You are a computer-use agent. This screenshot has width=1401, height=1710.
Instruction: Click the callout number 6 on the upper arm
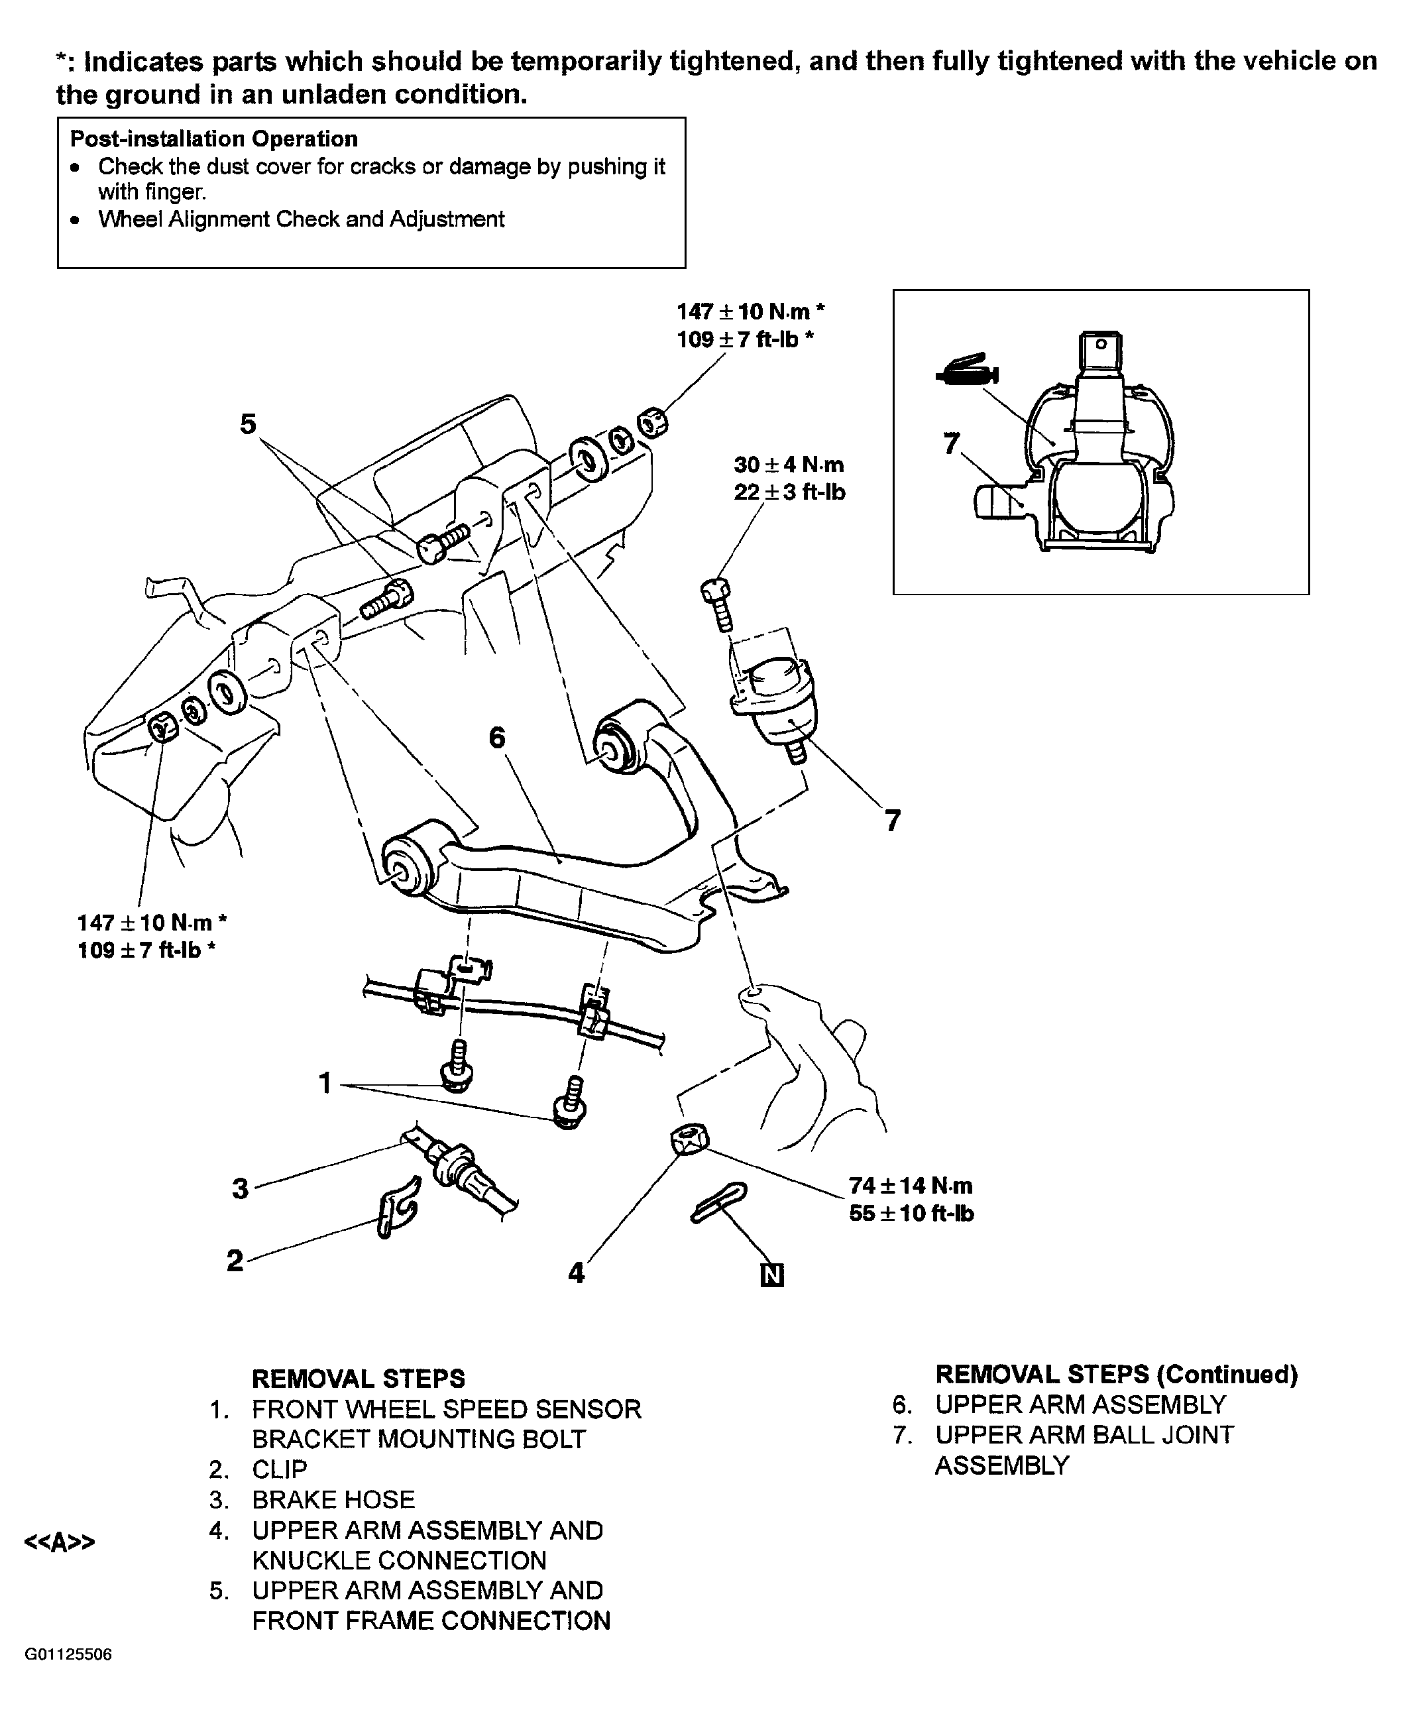click(498, 737)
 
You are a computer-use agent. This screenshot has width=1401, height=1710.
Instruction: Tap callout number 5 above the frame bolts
click(249, 424)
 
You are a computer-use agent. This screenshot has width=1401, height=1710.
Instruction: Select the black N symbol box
click(772, 1275)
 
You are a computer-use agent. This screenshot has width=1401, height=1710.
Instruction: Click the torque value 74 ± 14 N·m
click(911, 1186)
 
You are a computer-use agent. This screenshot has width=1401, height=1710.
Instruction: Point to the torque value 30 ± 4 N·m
click(789, 465)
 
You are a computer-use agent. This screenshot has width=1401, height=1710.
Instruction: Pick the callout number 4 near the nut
click(576, 1273)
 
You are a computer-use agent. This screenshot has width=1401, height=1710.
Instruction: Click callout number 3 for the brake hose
click(241, 1188)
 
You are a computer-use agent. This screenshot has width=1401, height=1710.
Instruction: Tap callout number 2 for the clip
click(235, 1261)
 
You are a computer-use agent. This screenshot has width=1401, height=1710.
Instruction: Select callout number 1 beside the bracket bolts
click(325, 1083)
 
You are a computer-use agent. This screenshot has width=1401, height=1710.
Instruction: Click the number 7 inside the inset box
click(952, 443)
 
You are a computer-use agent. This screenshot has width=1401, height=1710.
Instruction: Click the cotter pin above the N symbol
click(719, 1202)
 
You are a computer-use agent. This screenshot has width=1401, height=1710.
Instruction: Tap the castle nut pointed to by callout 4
click(689, 1139)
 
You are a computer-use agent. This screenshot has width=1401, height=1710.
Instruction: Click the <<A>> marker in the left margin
click(60, 1542)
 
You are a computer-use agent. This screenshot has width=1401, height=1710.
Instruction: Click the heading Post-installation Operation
click(214, 139)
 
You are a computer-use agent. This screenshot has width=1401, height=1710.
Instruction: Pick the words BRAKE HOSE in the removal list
click(333, 1499)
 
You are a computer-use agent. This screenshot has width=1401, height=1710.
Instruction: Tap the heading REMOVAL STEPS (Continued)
click(1116, 1374)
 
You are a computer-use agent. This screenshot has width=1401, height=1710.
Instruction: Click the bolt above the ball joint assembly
click(718, 603)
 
